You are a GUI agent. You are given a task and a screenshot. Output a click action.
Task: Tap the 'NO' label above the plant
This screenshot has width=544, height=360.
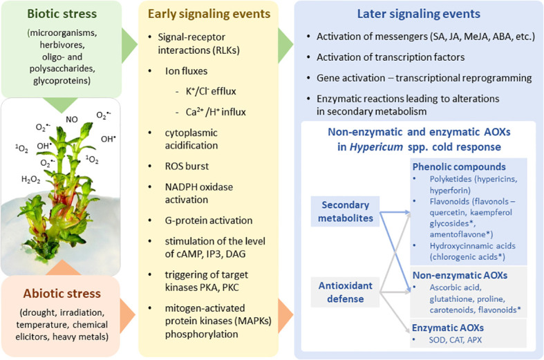72,119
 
